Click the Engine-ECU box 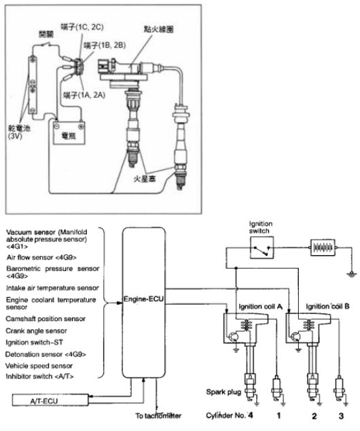144,302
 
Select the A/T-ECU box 50,400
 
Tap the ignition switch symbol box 262,248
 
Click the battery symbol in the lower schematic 323,248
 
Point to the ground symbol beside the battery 351,274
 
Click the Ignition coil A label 260,307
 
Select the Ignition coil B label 327,306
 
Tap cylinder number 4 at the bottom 250,415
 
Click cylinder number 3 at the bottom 341,415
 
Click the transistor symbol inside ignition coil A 234,337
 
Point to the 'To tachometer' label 158,415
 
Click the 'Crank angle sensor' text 36,331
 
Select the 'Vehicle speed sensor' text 39,366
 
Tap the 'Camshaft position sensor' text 46,319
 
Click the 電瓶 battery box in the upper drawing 69,133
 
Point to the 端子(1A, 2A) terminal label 84,95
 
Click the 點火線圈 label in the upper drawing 158,29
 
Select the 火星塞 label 145,179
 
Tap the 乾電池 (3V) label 19,132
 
